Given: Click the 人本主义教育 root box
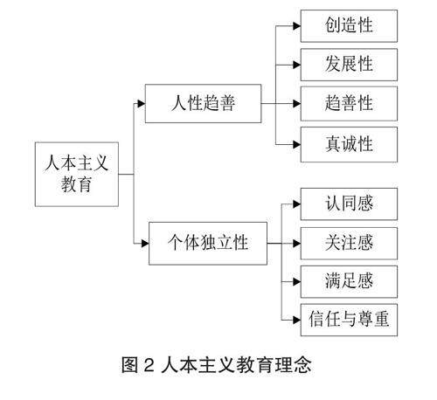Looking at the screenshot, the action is [x=77, y=174].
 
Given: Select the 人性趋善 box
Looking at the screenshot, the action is [x=203, y=103].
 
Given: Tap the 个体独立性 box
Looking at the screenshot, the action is [x=208, y=243].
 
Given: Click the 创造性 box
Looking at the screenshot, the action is [x=349, y=26].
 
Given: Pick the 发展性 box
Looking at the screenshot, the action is [x=349, y=65].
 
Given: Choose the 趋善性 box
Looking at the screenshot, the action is [x=349, y=103].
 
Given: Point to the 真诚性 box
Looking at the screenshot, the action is [x=349, y=144].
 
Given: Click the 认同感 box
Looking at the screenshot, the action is [x=349, y=203].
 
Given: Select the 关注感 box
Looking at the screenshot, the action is [x=349, y=244].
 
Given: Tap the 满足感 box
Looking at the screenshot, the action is [x=349, y=281].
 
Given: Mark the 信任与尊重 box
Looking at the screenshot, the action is [x=349, y=320].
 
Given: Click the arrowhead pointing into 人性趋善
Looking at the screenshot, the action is [x=142, y=103].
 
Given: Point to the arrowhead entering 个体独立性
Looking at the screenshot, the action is [x=145, y=243].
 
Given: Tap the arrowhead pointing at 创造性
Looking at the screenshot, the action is [x=297, y=26].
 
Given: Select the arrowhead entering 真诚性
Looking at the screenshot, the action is [x=297, y=144].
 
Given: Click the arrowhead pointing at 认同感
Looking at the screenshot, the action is [x=297, y=204].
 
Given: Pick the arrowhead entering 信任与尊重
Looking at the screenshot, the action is [x=297, y=320].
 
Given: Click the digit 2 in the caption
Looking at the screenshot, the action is [x=149, y=365].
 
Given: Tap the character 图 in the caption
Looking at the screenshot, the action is [x=129, y=365].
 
